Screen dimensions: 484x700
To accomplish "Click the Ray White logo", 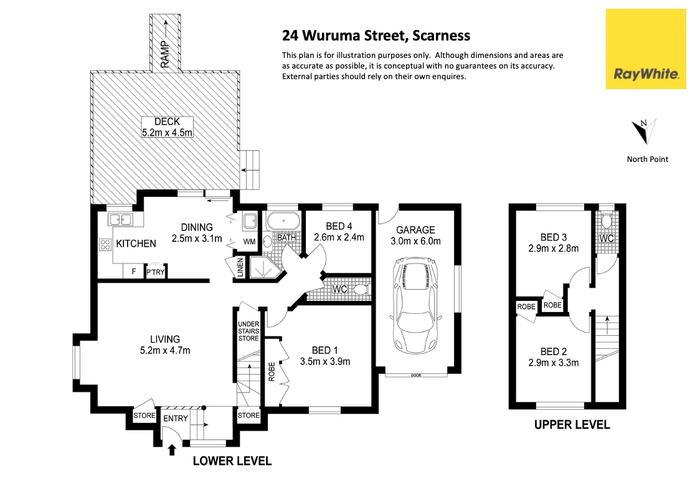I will click(x=646, y=49).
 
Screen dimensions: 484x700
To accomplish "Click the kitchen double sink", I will click(x=120, y=219).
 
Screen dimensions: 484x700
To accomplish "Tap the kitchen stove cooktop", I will click(x=105, y=245).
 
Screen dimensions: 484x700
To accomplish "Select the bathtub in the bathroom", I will click(x=283, y=221).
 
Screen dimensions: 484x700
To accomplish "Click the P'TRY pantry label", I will click(x=155, y=272).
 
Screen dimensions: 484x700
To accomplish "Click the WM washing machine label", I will click(x=249, y=240).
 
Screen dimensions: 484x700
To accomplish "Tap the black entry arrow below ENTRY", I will click(x=173, y=448).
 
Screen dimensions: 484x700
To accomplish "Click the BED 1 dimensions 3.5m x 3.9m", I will click(x=325, y=361).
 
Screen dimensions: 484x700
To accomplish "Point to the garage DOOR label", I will click(x=415, y=375).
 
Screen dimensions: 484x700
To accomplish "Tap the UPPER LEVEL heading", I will click(x=572, y=425).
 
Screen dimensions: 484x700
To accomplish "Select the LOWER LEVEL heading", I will click(x=232, y=461).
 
